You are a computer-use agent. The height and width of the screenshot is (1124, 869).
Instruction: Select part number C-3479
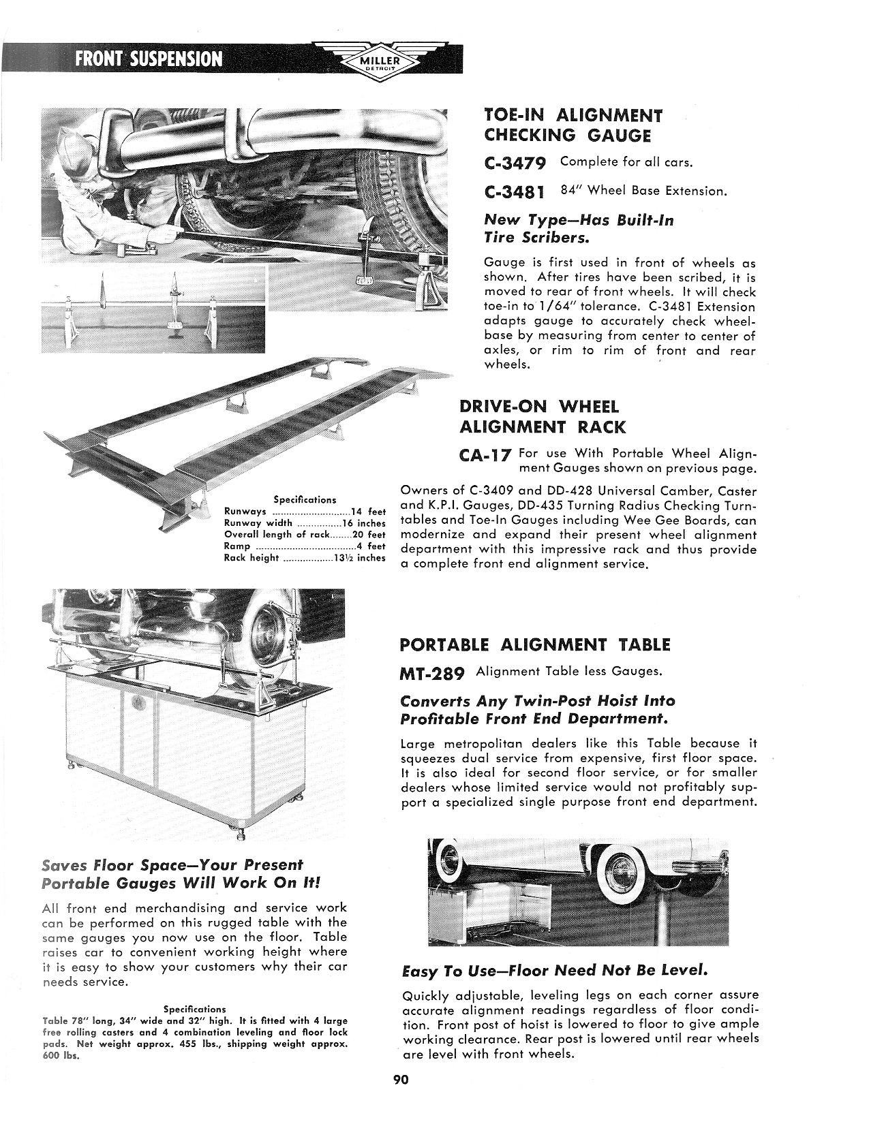pyautogui.click(x=516, y=163)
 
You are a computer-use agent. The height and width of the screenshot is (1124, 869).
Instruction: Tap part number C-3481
pyautogui.click(x=516, y=192)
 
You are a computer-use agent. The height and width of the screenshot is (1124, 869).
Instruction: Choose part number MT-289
pyautogui.click(x=432, y=674)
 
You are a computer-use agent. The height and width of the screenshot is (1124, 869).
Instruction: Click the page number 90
pyautogui.click(x=400, y=1079)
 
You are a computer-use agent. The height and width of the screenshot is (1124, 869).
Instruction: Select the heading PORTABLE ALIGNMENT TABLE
pyautogui.click(x=535, y=644)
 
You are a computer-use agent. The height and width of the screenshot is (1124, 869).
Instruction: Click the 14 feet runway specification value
pyautogui.click(x=368, y=512)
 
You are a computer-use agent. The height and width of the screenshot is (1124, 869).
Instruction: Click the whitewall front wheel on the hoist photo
pyautogui.click(x=619, y=869)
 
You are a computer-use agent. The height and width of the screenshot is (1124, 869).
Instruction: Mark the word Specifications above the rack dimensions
pyautogui.click(x=305, y=499)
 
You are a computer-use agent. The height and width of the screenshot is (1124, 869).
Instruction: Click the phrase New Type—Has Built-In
pyautogui.click(x=579, y=220)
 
